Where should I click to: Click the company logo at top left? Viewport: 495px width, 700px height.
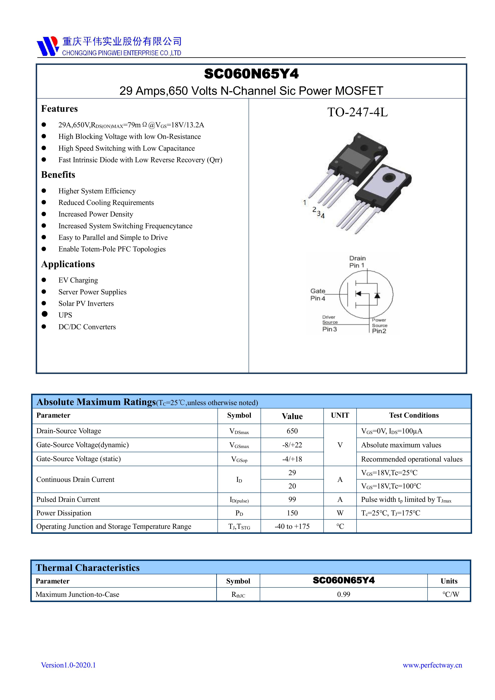click(x=47, y=46)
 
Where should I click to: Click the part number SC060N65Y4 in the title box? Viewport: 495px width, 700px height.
click(x=251, y=74)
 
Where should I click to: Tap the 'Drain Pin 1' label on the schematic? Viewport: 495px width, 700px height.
click(x=357, y=262)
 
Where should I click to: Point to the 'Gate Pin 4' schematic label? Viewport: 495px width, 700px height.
click(x=318, y=295)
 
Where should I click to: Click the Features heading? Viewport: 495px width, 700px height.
click(x=59, y=109)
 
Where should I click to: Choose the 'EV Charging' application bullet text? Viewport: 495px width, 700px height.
click(x=78, y=280)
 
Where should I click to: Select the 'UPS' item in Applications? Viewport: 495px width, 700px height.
click(x=65, y=315)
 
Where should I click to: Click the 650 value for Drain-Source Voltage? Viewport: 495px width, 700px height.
click(x=292, y=431)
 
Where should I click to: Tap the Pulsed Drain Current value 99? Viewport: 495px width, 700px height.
click(x=292, y=499)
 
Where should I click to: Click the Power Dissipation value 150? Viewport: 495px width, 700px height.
click(x=292, y=513)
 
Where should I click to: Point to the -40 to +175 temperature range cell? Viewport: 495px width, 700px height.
click(x=292, y=527)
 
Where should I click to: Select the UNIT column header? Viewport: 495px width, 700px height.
click(x=340, y=415)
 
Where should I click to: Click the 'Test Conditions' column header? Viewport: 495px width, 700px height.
click(x=414, y=415)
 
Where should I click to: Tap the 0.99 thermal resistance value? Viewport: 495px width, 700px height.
click(x=344, y=594)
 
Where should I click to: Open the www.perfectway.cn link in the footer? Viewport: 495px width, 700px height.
click(x=432, y=665)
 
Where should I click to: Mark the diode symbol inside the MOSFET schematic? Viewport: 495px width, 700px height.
click(x=377, y=295)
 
